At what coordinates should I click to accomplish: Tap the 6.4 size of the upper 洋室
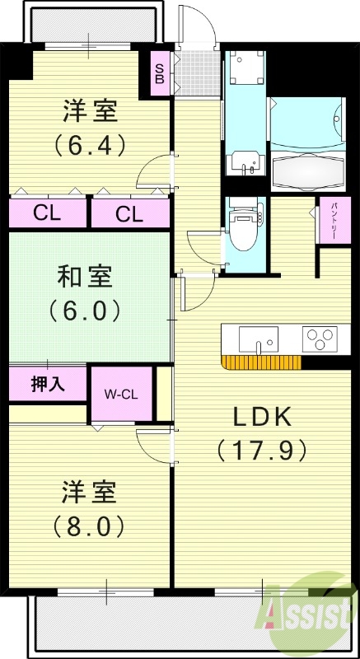[x=90, y=145]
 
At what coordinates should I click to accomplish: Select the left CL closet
[x=46, y=214]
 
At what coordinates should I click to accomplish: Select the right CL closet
[x=129, y=214]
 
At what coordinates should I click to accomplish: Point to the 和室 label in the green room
[x=90, y=276]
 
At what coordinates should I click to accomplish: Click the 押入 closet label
[x=46, y=383]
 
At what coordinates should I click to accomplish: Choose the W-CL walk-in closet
[x=121, y=395]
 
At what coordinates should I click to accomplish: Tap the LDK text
[x=261, y=416]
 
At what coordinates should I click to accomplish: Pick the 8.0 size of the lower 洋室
[x=90, y=524]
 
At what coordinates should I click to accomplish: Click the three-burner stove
[x=319, y=339]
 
